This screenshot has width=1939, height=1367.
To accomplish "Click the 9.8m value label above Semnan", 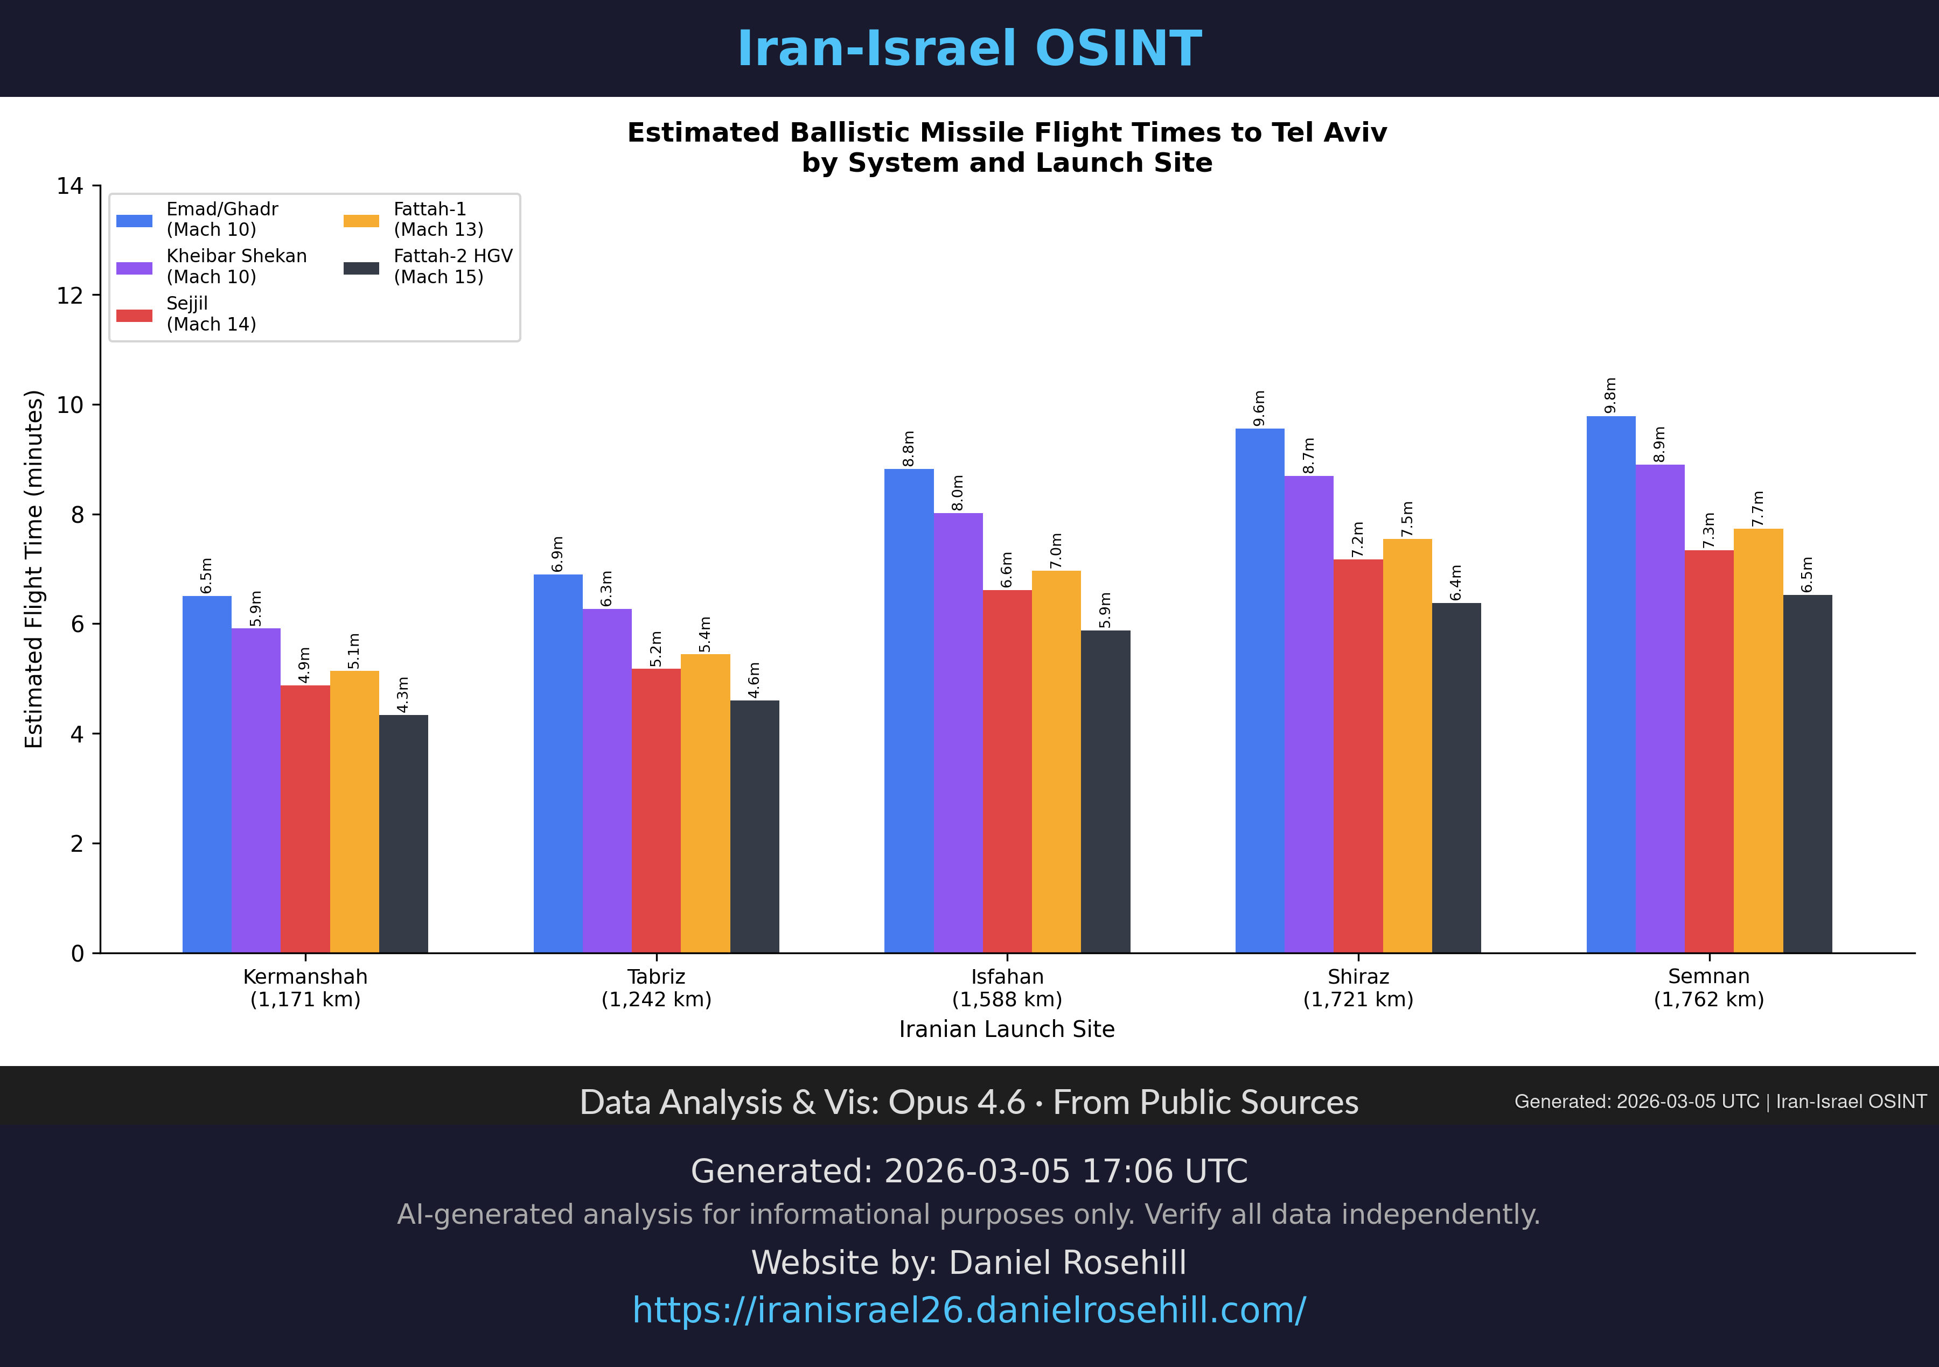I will coord(1610,395).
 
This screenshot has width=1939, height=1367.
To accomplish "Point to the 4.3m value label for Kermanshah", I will coord(403,694).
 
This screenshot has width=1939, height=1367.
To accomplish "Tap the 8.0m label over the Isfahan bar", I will coord(958,492).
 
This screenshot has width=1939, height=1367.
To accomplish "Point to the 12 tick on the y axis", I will coord(70,296).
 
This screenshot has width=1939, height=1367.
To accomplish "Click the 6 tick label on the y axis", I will coord(78,625).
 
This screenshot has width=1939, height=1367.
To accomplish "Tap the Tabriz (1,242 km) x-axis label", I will coord(656,988).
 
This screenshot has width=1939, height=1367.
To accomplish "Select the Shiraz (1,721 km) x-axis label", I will coord(1358,988).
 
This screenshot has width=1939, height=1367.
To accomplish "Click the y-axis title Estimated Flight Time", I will coord(34,569).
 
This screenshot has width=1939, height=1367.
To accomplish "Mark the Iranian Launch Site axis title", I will coord(1007,1029).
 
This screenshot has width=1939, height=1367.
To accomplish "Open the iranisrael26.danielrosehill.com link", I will coord(968,1310).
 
